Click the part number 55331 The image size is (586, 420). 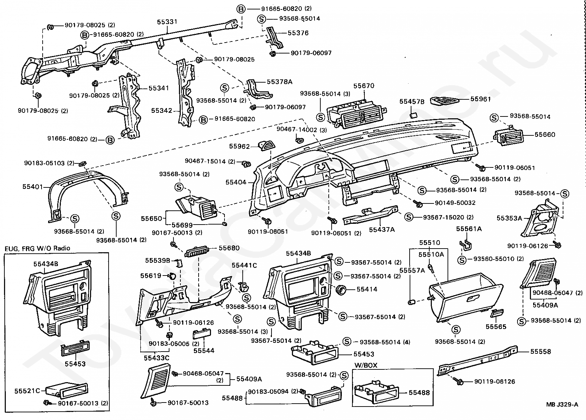167,22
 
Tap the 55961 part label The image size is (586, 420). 480,99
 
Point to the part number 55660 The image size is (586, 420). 545,135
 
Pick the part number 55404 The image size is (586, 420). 236,182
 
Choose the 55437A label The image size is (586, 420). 382,230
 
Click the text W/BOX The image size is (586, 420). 366,365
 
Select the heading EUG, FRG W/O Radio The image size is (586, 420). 37,249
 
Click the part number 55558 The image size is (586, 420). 540,352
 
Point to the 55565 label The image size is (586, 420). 496,327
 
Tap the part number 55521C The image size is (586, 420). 27,391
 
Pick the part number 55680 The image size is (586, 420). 229,248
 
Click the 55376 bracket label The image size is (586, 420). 298,33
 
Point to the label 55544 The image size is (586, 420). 204,350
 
